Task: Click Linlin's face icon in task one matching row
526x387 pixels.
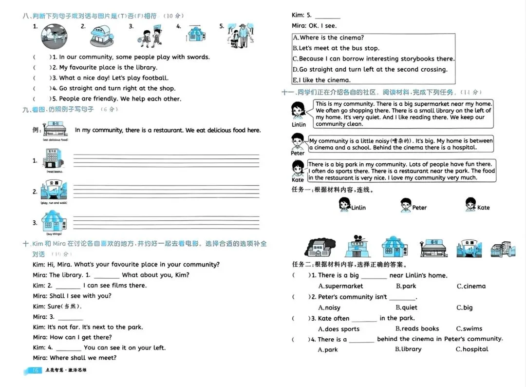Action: (x=344, y=205)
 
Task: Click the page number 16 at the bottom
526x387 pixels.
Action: (x=35, y=370)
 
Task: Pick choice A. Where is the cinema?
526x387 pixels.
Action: (x=328, y=38)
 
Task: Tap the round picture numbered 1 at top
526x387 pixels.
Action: (x=54, y=35)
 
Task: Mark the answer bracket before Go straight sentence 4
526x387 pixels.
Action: (x=42, y=88)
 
